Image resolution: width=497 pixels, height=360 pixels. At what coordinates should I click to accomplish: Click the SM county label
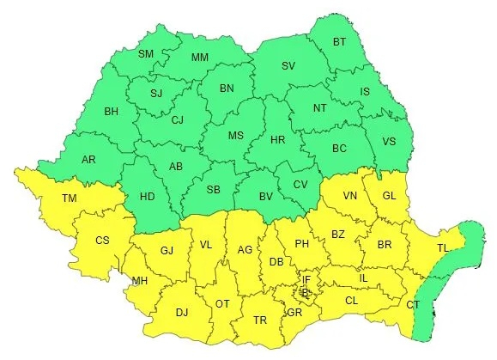pyautogui.click(x=146, y=53)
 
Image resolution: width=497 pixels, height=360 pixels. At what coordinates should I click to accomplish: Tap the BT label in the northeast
pyautogui.click(x=340, y=41)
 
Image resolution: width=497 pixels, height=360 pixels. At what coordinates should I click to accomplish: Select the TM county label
pyautogui.click(x=70, y=198)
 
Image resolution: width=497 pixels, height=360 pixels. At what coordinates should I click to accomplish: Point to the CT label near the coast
pyautogui.click(x=413, y=305)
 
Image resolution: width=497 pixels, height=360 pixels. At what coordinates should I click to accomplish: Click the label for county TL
pyautogui.click(x=443, y=247)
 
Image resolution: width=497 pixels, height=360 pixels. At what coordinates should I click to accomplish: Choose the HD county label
pyautogui.click(x=147, y=196)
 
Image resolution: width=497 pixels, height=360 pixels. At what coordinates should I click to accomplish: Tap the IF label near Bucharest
pyautogui.click(x=306, y=279)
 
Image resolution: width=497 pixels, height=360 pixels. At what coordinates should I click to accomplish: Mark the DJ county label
pyautogui.click(x=181, y=313)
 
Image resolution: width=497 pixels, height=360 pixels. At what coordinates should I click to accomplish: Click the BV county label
pyautogui.click(x=267, y=197)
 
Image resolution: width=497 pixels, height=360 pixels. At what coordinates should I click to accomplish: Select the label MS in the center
pyautogui.click(x=236, y=135)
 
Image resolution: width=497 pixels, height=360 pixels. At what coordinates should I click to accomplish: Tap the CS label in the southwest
pyautogui.click(x=102, y=240)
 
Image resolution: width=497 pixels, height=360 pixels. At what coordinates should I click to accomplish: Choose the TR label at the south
pyautogui.click(x=260, y=320)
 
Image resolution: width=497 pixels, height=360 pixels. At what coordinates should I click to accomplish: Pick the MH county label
pyautogui.click(x=139, y=281)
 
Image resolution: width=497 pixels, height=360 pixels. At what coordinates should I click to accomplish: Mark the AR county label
pyautogui.click(x=89, y=159)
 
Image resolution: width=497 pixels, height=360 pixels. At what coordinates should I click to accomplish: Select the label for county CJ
pyautogui.click(x=178, y=119)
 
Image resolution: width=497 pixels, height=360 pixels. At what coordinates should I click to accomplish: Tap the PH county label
pyautogui.click(x=301, y=243)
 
